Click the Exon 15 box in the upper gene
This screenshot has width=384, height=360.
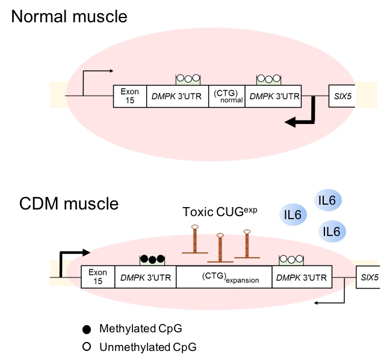(x=129, y=96)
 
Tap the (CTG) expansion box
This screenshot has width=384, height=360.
(x=224, y=277)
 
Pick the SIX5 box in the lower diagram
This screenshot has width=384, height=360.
(x=370, y=277)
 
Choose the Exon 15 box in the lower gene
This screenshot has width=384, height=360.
(x=98, y=277)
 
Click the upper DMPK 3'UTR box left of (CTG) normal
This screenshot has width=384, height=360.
(x=178, y=96)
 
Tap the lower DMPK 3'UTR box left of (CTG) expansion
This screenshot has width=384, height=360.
(x=145, y=277)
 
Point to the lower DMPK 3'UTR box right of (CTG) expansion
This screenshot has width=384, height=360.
(x=301, y=277)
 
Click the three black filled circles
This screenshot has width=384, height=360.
(x=152, y=259)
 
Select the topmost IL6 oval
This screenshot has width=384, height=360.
(x=328, y=200)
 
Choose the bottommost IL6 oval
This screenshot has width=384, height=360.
(x=332, y=231)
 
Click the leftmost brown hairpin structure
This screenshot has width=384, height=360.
(x=194, y=240)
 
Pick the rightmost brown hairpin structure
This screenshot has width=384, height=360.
(x=246, y=244)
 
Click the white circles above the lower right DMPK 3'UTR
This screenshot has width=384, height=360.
(x=292, y=259)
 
